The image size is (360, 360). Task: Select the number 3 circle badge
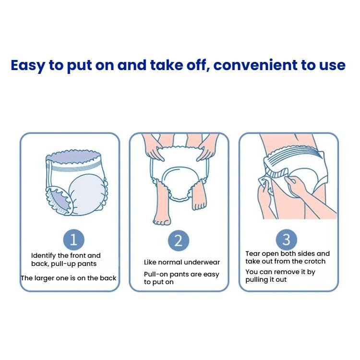pyautogui.click(x=287, y=239)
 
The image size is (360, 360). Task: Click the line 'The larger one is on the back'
pyautogui.click(x=68, y=278)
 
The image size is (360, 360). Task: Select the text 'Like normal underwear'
pyautogui.click(x=182, y=263)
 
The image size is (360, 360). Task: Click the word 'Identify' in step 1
pyautogui.click(x=44, y=255)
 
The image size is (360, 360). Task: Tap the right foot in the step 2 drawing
pyautogui.click(x=199, y=202)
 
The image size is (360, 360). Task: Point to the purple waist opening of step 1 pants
pyautogui.click(x=74, y=158)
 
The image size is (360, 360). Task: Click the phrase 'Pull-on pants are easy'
pyautogui.click(x=181, y=275)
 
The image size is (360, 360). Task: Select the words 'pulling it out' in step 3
pyautogui.click(x=266, y=280)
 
